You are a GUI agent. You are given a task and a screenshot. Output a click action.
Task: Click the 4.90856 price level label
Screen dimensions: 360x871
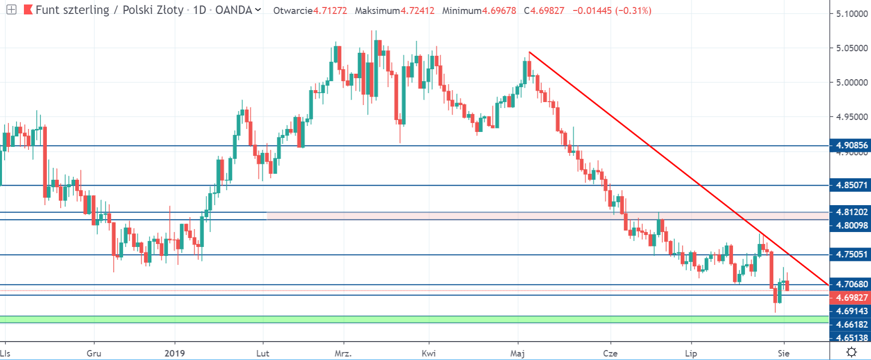coord(852,145)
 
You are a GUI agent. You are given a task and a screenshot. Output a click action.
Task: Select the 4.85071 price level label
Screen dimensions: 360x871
coord(852,185)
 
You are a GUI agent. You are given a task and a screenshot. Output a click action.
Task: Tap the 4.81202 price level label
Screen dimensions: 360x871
coord(852,212)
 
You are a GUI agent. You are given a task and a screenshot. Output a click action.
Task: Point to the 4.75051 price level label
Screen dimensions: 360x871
coord(852,254)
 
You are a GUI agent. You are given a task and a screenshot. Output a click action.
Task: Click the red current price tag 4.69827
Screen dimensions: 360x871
coord(851,298)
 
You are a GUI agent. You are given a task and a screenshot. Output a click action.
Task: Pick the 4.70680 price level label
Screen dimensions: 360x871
coord(852,284)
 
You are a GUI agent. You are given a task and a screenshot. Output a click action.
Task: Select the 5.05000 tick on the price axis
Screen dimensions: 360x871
coord(852,48)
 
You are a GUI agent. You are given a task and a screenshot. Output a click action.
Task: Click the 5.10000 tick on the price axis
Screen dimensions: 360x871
coord(852,14)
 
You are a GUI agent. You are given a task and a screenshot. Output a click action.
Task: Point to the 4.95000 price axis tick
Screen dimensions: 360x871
coord(852,117)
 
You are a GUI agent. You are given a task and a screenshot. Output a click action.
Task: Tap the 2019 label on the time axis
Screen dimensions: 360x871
coord(175,354)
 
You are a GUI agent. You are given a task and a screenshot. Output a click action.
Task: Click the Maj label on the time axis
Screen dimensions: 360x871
coord(517,354)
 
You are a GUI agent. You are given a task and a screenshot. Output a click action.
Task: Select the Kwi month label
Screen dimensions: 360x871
coord(428,354)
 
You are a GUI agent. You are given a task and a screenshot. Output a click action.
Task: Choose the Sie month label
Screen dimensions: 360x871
coord(783,354)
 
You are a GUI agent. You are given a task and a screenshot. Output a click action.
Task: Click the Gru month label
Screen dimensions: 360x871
coord(94,354)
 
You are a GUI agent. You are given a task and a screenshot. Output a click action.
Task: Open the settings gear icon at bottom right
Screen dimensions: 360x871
coord(852,352)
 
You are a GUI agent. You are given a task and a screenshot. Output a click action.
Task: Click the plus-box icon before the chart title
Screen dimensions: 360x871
coord(11,9)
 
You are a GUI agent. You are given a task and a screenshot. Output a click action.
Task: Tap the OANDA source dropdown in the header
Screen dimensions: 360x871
coord(238,10)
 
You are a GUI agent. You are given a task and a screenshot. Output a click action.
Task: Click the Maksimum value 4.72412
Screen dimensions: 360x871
coord(417,10)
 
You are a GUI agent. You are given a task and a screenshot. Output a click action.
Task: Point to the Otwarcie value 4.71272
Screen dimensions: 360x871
coord(330,10)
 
